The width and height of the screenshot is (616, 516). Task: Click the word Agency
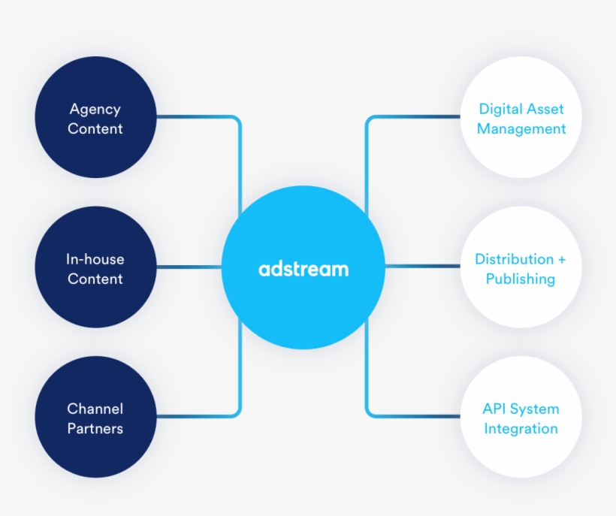95,109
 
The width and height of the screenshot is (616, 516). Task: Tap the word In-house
95,259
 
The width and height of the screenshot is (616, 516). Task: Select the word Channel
95,409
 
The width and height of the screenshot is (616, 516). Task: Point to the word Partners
95,429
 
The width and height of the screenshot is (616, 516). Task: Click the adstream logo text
303,268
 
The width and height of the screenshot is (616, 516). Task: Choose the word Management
521,128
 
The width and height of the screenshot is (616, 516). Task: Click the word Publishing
521,279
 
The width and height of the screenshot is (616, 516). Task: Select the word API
495,409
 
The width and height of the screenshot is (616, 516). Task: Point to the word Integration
521,429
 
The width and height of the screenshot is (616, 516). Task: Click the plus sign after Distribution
561,260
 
